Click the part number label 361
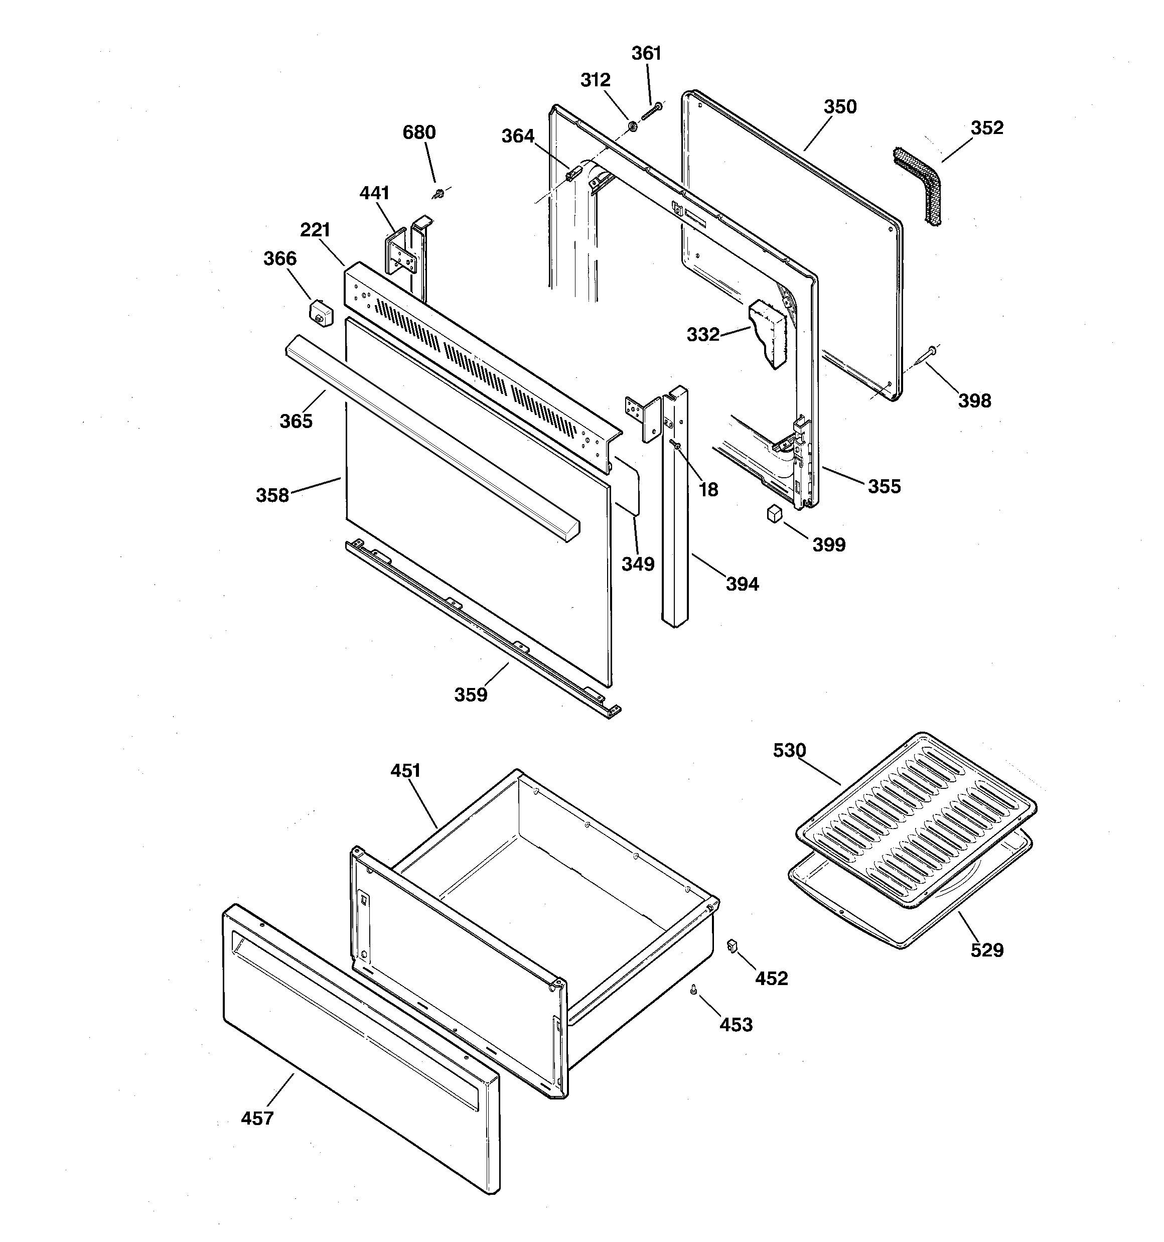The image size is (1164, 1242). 646,54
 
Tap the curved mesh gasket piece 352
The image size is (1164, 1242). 918,185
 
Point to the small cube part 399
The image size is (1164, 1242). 775,513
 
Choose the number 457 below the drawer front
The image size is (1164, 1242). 257,1118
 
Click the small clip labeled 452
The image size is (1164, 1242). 732,946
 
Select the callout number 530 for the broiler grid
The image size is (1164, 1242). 789,750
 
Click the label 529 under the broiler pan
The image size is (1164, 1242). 986,950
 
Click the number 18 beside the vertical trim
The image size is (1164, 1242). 708,490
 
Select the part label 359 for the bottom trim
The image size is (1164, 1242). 471,695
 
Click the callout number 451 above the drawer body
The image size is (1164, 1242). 405,771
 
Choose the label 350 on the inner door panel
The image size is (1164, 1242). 840,107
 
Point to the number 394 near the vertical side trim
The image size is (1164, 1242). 742,584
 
